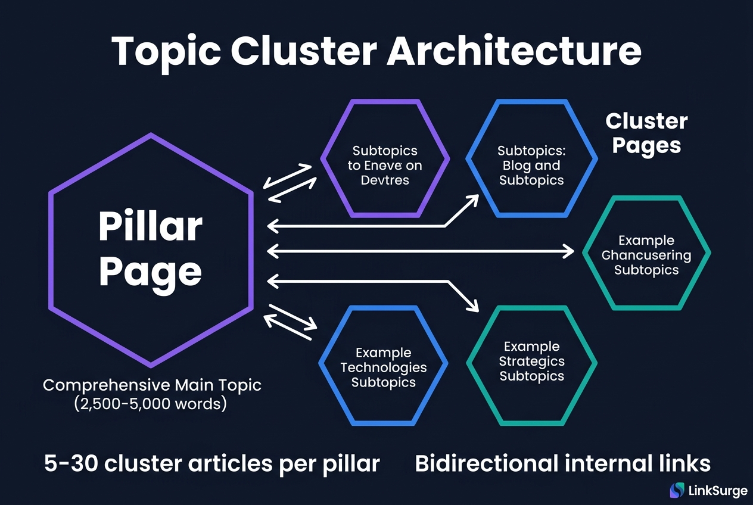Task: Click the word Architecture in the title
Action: click(514, 52)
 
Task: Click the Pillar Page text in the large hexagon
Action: click(151, 249)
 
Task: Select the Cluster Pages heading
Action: click(646, 133)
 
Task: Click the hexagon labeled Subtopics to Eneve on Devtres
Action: click(385, 158)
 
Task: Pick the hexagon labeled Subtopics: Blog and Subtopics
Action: click(531, 158)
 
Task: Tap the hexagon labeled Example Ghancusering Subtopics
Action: click(646, 254)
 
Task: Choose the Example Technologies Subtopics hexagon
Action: click(383, 366)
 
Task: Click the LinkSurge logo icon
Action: click(677, 490)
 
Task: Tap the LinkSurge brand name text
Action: click(717, 491)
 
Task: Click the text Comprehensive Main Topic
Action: click(152, 385)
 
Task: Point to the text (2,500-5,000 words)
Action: click(152, 403)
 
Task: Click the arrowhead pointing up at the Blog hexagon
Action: click(473, 199)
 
